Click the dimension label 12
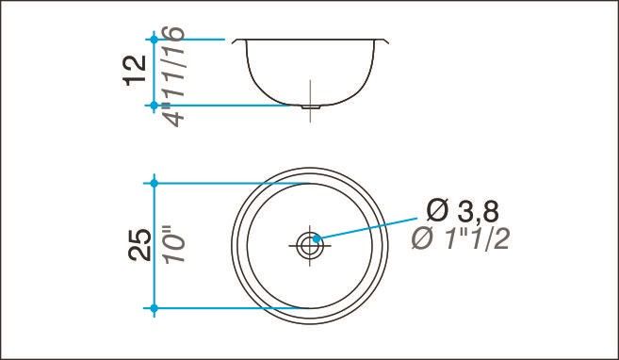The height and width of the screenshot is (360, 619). point(135,71)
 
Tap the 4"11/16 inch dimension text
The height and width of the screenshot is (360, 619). point(173,76)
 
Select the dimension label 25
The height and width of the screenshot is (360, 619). point(139,245)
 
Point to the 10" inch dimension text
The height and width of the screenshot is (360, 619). point(173,244)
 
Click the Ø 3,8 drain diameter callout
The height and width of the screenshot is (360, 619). point(463,212)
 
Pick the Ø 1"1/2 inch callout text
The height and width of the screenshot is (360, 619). point(461,238)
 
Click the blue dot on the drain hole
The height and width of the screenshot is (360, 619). point(316,238)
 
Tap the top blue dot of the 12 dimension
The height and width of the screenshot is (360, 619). point(154,40)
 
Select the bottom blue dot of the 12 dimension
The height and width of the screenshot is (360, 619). point(154,106)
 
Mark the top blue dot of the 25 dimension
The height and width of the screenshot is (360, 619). point(154,183)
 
